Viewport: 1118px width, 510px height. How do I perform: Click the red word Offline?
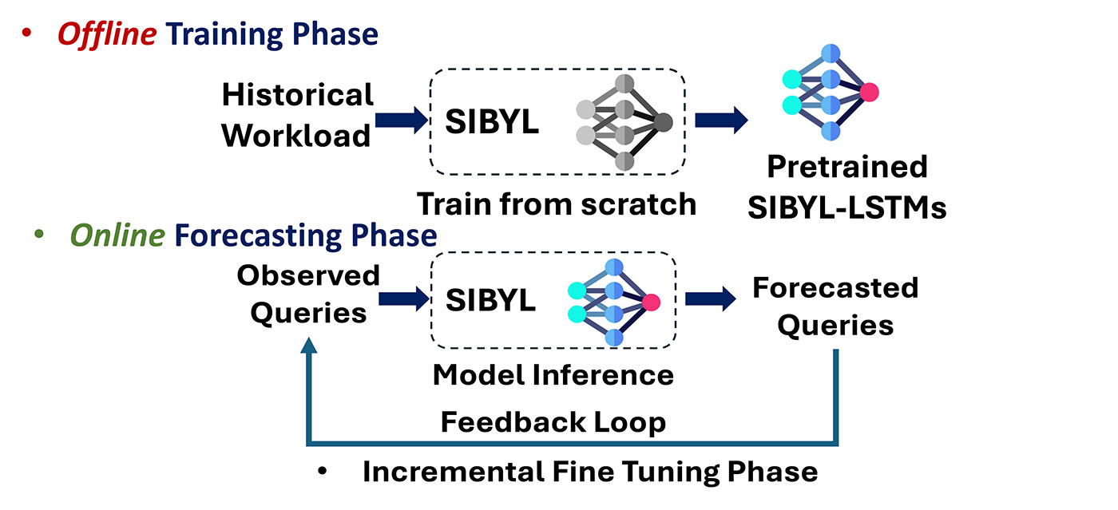[x=106, y=34]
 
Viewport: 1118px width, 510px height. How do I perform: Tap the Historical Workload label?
[x=297, y=115]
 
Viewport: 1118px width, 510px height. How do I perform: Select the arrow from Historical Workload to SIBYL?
[x=402, y=120]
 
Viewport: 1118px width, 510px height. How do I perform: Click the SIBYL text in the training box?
[x=491, y=123]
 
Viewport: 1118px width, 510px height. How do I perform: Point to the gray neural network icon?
[x=624, y=122]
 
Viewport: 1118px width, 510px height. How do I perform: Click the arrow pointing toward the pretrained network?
[x=721, y=120]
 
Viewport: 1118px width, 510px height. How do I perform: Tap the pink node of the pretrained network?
[x=869, y=92]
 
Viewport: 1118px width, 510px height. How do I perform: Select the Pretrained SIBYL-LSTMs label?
[x=847, y=187]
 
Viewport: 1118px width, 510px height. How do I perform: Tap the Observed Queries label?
[x=308, y=294]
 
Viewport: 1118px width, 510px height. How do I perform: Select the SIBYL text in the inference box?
[x=490, y=301]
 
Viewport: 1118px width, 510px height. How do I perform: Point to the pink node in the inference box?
[x=651, y=302]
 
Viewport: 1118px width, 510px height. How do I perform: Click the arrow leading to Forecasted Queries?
[x=710, y=299]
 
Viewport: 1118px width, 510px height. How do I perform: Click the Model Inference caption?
[x=553, y=374]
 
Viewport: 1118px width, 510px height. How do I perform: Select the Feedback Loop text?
[x=553, y=421]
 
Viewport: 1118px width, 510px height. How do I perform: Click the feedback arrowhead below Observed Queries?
[x=309, y=345]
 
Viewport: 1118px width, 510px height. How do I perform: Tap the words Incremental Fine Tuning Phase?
[x=589, y=471]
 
